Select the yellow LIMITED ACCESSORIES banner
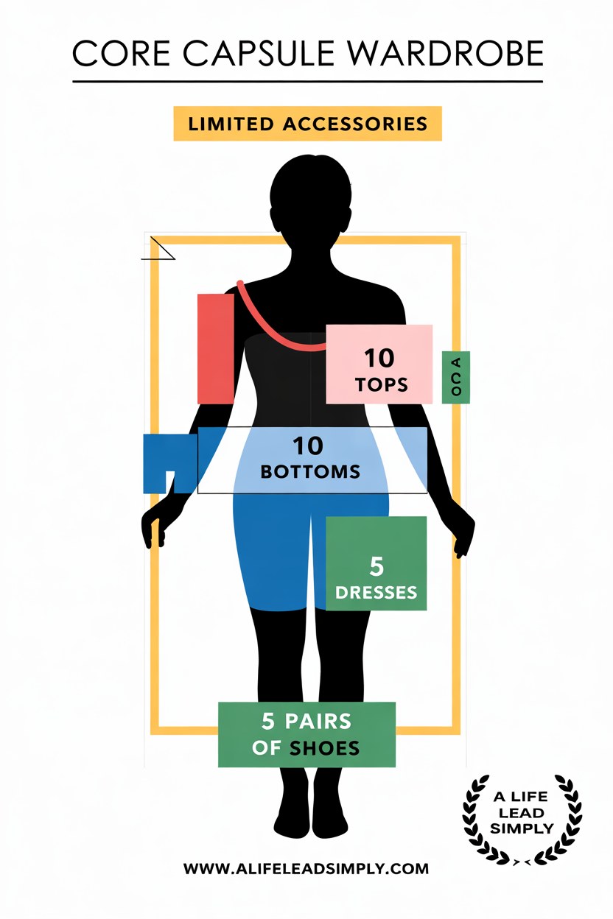coord(307,124)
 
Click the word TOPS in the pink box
coord(382,385)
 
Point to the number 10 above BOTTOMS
coord(308,446)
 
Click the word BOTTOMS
coord(310,472)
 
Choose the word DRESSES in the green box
coord(376,593)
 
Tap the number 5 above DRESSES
coord(376,566)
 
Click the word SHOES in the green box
coord(324,749)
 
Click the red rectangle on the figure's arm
coord(216,349)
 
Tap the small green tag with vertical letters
coord(456,377)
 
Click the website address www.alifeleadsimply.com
coord(306,868)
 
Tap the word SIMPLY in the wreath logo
coord(522,828)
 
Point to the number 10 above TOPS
coord(379,358)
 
